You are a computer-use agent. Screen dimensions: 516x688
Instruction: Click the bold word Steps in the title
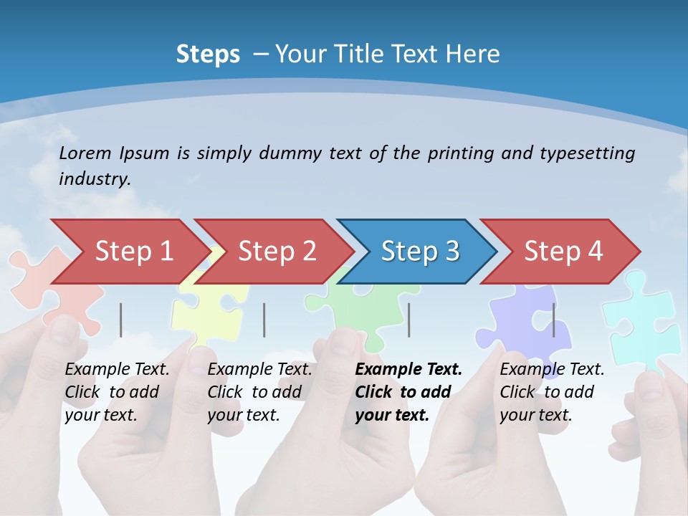point(208,54)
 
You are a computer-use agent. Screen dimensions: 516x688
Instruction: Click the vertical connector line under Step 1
point(121,320)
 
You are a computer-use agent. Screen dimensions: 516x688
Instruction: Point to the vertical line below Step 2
point(264,320)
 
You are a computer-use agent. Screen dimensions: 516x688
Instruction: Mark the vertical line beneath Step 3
point(409,320)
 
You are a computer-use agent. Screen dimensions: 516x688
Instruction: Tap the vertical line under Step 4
point(553,320)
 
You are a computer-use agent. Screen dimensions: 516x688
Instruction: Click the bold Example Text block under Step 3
point(408,392)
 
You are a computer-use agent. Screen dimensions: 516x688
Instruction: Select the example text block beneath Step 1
point(117,392)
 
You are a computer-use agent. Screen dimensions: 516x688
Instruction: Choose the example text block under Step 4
point(552,392)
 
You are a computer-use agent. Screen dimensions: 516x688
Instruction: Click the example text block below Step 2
point(259,392)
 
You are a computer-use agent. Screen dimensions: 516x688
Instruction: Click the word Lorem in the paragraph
point(85,153)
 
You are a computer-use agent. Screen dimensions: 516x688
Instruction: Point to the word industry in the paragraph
point(94,179)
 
